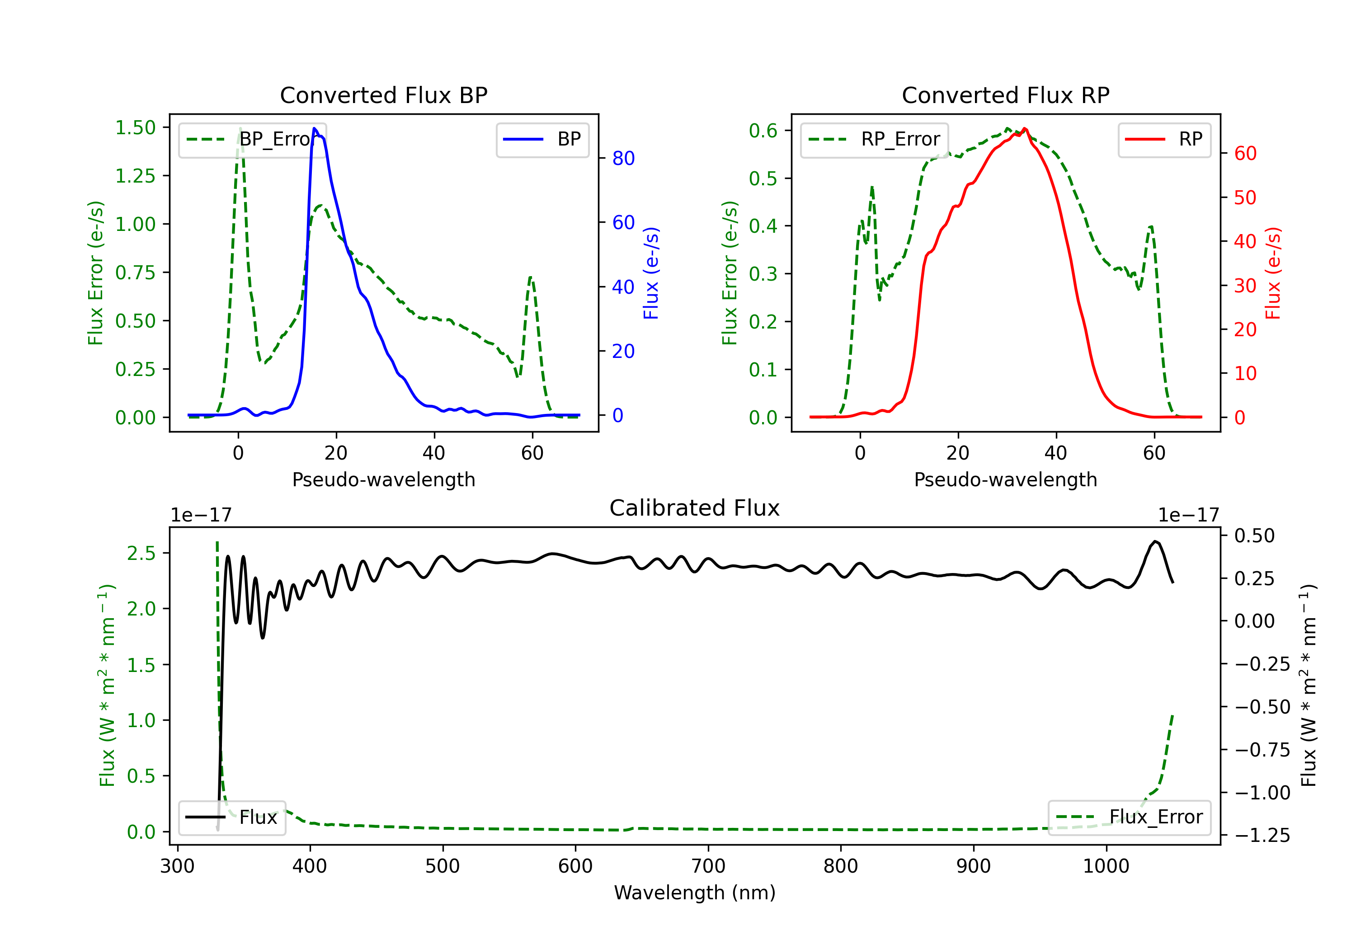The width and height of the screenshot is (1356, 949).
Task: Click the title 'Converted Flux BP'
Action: pos(383,95)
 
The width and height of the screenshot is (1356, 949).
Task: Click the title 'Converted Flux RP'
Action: pos(1005,95)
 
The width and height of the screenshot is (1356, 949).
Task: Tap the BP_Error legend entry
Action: pos(253,139)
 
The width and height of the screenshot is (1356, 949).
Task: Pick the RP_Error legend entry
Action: pos(875,139)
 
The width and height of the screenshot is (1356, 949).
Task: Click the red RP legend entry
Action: pos(1164,139)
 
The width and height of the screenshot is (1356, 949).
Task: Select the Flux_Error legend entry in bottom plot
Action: pos(1129,817)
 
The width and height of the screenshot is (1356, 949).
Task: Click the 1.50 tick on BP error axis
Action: pos(135,127)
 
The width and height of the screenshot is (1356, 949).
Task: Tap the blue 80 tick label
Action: pos(623,158)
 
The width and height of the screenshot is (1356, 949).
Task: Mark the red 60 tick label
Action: pos(1245,154)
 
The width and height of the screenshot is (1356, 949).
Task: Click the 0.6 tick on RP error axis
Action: pos(763,131)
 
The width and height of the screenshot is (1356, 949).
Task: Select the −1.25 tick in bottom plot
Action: pos(1262,835)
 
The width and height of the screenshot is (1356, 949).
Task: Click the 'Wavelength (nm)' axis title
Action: pos(695,893)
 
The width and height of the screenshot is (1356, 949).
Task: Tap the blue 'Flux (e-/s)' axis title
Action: pos(651,273)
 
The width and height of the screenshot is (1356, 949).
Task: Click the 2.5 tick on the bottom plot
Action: pos(141,553)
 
